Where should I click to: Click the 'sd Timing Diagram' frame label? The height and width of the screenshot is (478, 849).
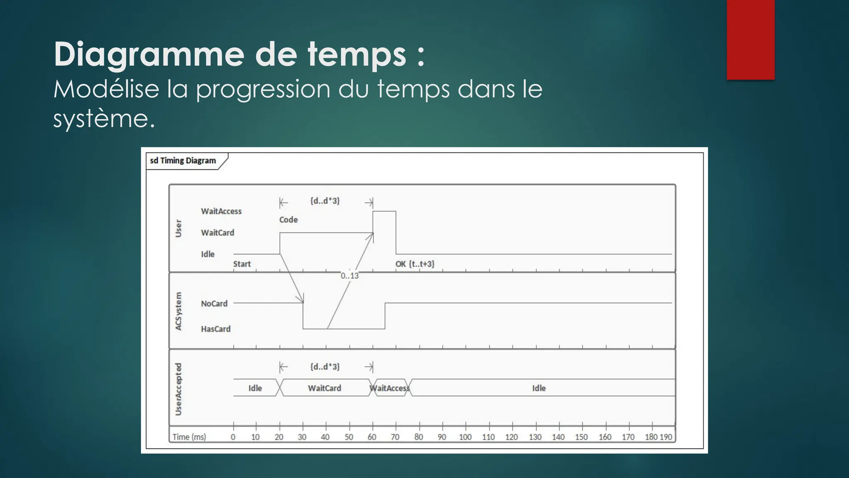pyautogui.click(x=183, y=161)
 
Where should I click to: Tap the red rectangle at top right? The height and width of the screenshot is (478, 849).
pyautogui.click(x=750, y=39)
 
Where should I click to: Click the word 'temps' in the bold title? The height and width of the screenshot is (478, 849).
pyautogui.click(x=357, y=54)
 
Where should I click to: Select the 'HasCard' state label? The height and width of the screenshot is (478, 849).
pyautogui.click(x=216, y=329)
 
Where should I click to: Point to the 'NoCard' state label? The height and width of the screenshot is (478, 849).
pyautogui.click(x=214, y=304)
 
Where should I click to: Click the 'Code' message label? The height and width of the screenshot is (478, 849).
pyautogui.click(x=288, y=220)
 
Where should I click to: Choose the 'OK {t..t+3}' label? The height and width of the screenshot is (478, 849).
pyautogui.click(x=415, y=264)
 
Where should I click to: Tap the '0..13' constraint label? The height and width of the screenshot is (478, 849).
pyautogui.click(x=349, y=276)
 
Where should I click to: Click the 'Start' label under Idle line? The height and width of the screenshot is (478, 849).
pyautogui.click(x=242, y=264)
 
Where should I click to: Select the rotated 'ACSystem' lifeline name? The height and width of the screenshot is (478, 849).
pyautogui.click(x=179, y=311)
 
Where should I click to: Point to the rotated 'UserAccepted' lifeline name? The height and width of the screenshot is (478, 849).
pyautogui.click(x=179, y=389)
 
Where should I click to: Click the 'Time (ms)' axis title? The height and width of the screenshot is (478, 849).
pyautogui.click(x=189, y=437)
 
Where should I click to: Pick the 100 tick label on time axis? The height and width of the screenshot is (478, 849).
pyautogui.click(x=465, y=437)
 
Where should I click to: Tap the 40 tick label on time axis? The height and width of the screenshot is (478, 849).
pyautogui.click(x=325, y=437)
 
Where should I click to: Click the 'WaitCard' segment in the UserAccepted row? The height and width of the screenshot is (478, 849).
pyautogui.click(x=325, y=388)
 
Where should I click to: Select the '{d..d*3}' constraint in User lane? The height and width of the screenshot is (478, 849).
pyautogui.click(x=325, y=201)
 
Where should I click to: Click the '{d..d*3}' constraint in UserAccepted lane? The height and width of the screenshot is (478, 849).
pyautogui.click(x=325, y=367)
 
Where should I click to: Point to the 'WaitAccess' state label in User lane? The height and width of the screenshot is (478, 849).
pyautogui.click(x=221, y=211)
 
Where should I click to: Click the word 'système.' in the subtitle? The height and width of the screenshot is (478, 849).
pyautogui.click(x=104, y=119)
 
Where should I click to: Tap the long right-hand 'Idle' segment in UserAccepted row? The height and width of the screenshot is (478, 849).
pyautogui.click(x=539, y=388)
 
